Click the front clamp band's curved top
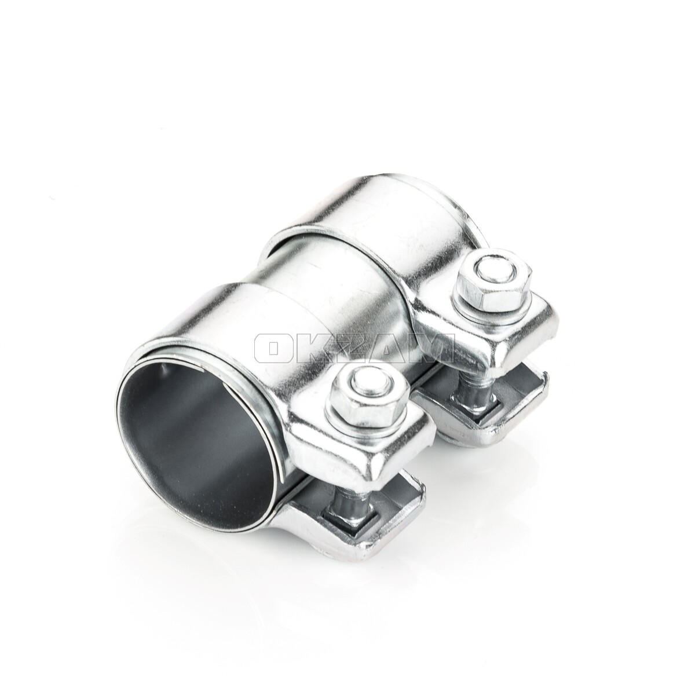[255, 324]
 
